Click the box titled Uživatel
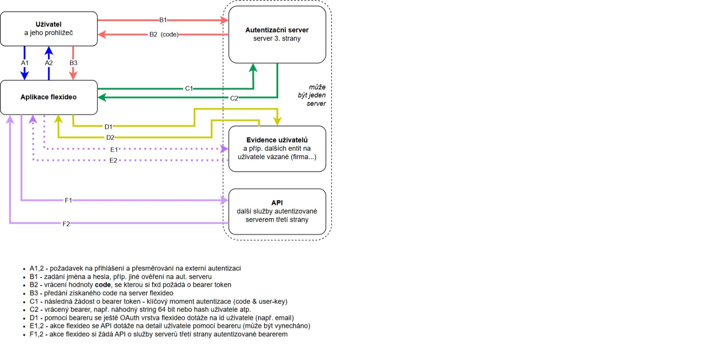48,29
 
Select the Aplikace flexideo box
48,97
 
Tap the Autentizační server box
277,34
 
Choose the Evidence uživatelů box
277,149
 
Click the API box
277,211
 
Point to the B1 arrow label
163,20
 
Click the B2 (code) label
164,35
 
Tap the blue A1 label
25,63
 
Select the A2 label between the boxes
49,63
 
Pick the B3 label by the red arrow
73,63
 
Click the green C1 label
189,88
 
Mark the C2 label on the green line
234,98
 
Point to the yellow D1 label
108,127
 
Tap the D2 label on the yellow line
110,138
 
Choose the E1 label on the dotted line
114,150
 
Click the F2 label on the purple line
66,224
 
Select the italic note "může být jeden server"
312,95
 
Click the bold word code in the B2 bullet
103,285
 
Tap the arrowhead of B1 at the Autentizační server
225,20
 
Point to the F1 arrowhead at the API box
225,200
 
